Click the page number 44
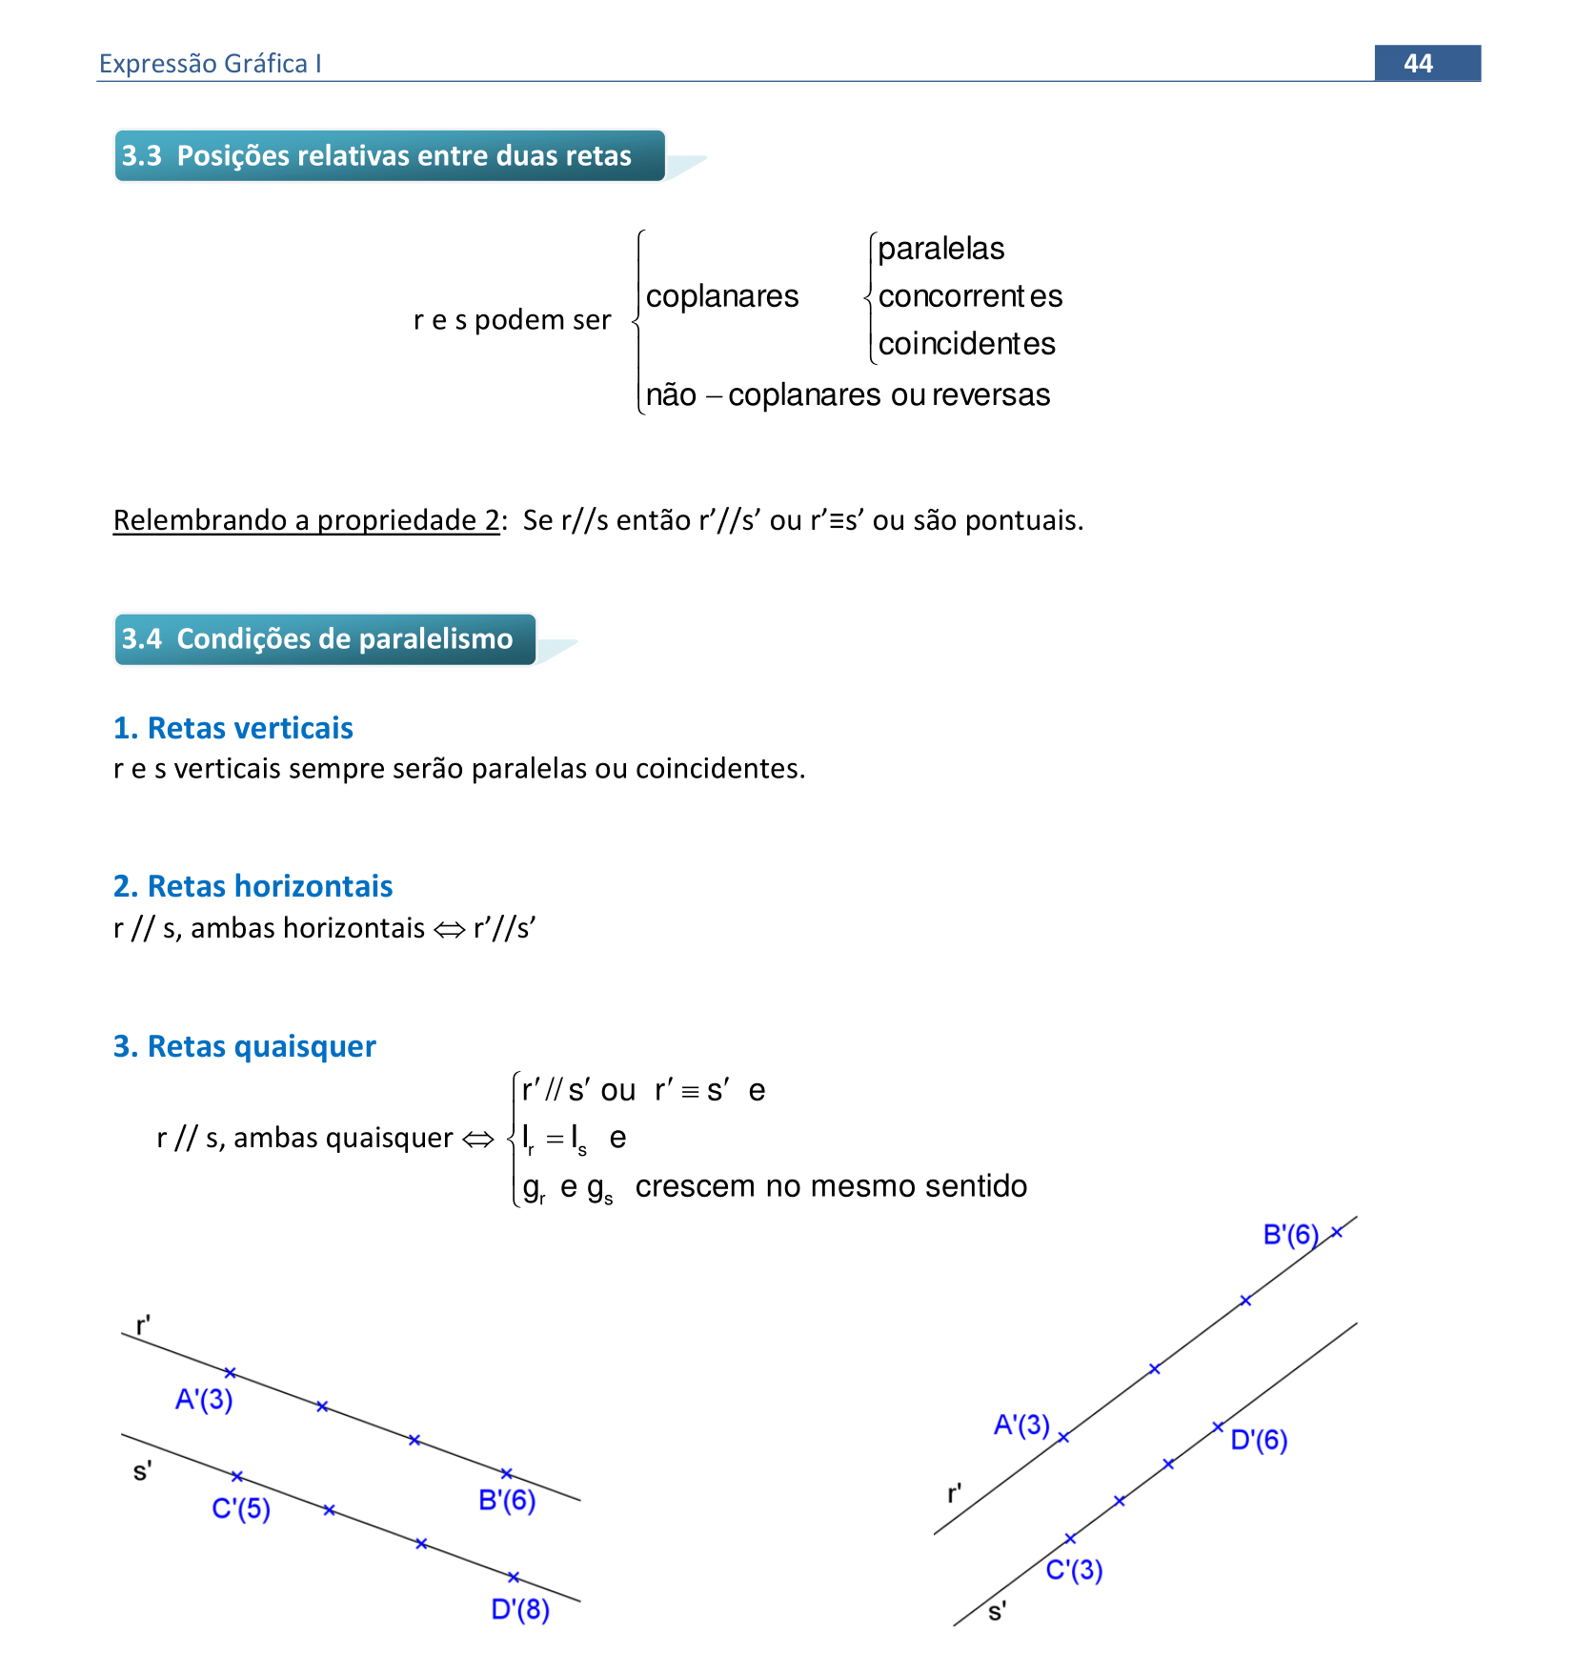click(x=1418, y=63)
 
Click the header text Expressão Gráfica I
click(x=210, y=64)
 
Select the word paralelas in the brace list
click(x=940, y=249)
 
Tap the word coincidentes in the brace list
click(x=966, y=344)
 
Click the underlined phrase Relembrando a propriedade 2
click(x=306, y=520)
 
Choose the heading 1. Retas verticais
click(x=232, y=728)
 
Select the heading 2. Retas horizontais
click(x=253, y=886)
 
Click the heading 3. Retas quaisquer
click(x=244, y=1046)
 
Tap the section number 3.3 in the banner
click(x=142, y=155)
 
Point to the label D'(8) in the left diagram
click(x=520, y=1609)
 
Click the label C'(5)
click(x=241, y=1508)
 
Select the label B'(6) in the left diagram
click(x=507, y=1500)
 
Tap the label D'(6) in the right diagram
click(x=1259, y=1439)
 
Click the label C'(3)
click(x=1074, y=1569)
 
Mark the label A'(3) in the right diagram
click(x=1021, y=1424)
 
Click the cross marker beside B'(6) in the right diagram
click(x=1337, y=1232)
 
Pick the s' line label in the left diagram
click(x=142, y=1472)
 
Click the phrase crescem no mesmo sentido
click(x=831, y=1186)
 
